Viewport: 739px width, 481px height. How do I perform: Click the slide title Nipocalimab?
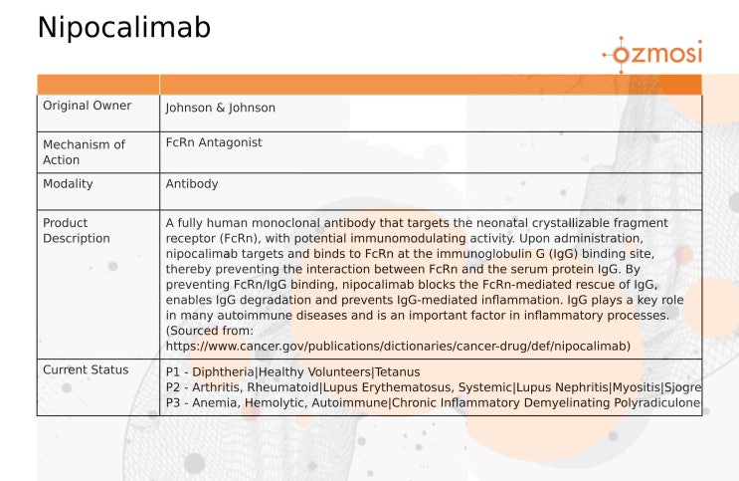(x=123, y=28)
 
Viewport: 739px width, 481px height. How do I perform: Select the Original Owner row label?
(x=81, y=107)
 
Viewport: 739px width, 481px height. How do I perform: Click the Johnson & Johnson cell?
(x=220, y=108)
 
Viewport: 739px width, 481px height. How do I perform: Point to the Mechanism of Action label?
(x=84, y=151)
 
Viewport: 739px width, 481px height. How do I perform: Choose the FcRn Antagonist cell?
(x=213, y=142)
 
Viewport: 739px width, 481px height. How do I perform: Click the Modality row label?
(x=67, y=184)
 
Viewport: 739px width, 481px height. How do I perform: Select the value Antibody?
(x=191, y=184)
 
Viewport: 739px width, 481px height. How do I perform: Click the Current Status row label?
(x=86, y=369)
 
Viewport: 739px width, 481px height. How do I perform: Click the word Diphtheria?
(x=223, y=371)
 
